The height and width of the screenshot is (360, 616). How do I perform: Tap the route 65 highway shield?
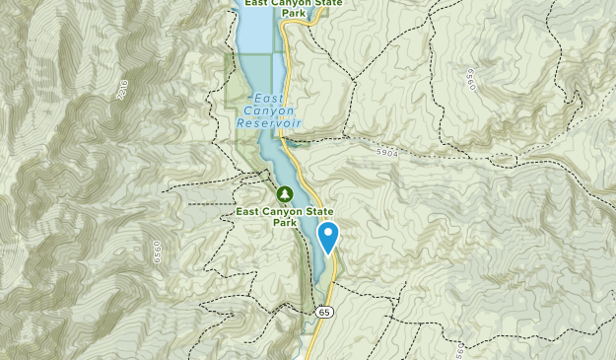(324, 312)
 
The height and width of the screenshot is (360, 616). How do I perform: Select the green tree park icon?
(285, 193)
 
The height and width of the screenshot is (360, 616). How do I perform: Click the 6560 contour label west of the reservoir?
(154, 252)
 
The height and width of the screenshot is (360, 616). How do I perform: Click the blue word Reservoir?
(269, 123)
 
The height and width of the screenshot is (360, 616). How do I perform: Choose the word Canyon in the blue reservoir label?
(270, 110)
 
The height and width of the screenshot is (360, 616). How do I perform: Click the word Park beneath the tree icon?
(285, 223)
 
